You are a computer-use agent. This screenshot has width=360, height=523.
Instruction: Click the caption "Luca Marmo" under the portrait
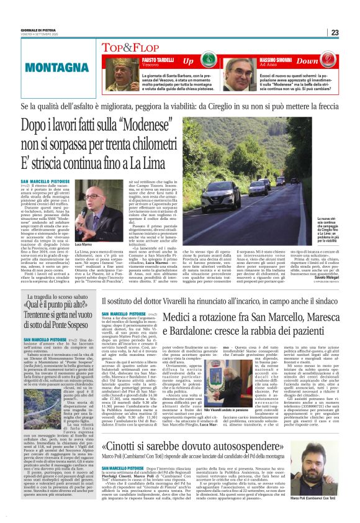(x=83, y=245)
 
